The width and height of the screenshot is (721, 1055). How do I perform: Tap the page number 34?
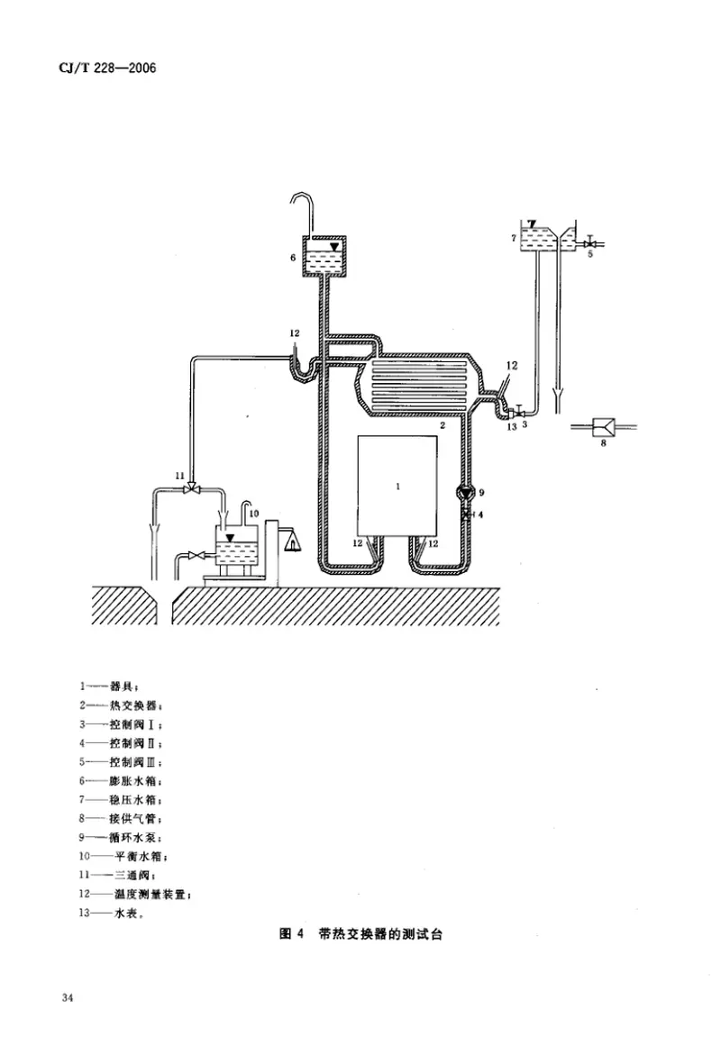pos(68,997)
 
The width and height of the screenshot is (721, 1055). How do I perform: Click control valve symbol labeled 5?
pos(589,243)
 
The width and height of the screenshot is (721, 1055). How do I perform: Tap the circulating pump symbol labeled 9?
pos(466,492)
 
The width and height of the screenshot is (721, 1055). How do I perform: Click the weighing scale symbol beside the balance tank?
pos(291,541)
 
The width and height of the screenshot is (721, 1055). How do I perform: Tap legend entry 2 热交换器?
pos(121,704)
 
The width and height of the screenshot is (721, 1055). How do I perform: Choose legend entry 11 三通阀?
pos(123,874)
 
